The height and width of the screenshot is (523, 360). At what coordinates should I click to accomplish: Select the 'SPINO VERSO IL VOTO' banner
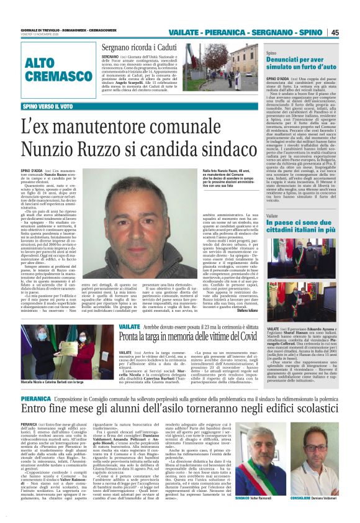coord(48,106)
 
